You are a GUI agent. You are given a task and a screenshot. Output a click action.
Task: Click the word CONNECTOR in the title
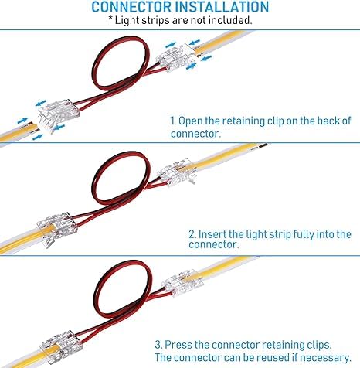tap(131, 7)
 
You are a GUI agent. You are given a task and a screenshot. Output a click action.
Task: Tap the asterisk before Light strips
tap(110, 19)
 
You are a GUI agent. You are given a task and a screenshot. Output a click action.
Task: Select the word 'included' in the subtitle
tap(229, 20)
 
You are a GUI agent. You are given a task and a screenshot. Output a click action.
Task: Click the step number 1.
tap(173, 121)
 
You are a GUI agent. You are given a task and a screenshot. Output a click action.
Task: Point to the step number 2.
tap(192, 234)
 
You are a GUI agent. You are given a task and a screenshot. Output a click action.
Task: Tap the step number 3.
tap(158, 345)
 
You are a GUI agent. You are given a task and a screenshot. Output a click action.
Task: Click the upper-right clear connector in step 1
tap(177, 58)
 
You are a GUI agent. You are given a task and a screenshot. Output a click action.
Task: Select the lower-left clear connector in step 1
tap(58, 115)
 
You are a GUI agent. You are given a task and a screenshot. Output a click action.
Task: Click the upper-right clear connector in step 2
tap(177, 172)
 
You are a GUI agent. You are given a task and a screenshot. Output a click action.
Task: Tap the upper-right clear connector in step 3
tap(182, 283)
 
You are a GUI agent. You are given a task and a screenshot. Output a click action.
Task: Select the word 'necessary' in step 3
tap(324, 358)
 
